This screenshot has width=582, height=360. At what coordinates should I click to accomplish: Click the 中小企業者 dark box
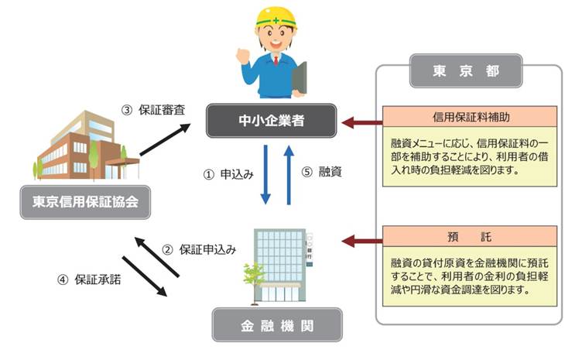272,121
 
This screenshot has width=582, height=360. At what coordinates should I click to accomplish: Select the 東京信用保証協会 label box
85,202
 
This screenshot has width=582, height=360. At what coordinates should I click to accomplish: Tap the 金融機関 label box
277,325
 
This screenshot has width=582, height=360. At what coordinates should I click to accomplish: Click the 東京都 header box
466,70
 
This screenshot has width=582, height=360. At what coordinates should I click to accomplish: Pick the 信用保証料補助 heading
470,117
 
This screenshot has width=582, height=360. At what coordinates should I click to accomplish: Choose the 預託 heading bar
470,236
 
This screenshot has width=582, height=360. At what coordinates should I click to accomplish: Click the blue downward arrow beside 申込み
265,174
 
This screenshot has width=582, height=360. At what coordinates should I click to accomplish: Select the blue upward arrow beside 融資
289,174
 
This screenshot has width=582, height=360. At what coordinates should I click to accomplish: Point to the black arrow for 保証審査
165,139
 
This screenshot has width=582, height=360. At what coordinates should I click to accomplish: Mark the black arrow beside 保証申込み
156,257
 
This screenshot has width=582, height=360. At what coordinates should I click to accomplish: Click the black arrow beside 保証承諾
145,276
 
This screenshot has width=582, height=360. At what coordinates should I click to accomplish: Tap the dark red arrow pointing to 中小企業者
362,122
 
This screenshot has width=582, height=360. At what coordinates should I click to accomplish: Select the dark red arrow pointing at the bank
362,242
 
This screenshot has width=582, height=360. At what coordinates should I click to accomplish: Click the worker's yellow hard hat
276,18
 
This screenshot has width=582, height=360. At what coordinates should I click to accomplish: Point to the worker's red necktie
276,60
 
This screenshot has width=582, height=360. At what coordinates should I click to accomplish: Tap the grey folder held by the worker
300,79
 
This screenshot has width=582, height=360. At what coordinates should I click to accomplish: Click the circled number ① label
209,174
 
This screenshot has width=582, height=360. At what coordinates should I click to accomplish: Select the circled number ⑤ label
307,172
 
